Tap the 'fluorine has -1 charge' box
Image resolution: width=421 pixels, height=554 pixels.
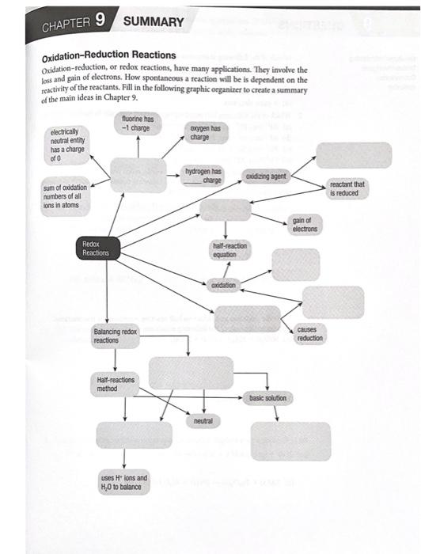click(138, 123)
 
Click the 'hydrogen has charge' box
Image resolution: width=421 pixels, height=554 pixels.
click(204, 175)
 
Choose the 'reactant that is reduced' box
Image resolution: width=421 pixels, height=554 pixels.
click(347, 188)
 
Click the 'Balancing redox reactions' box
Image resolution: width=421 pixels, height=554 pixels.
click(116, 336)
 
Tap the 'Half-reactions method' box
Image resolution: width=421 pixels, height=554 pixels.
click(115, 384)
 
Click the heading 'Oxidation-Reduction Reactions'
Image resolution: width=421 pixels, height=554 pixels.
click(108, 55)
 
